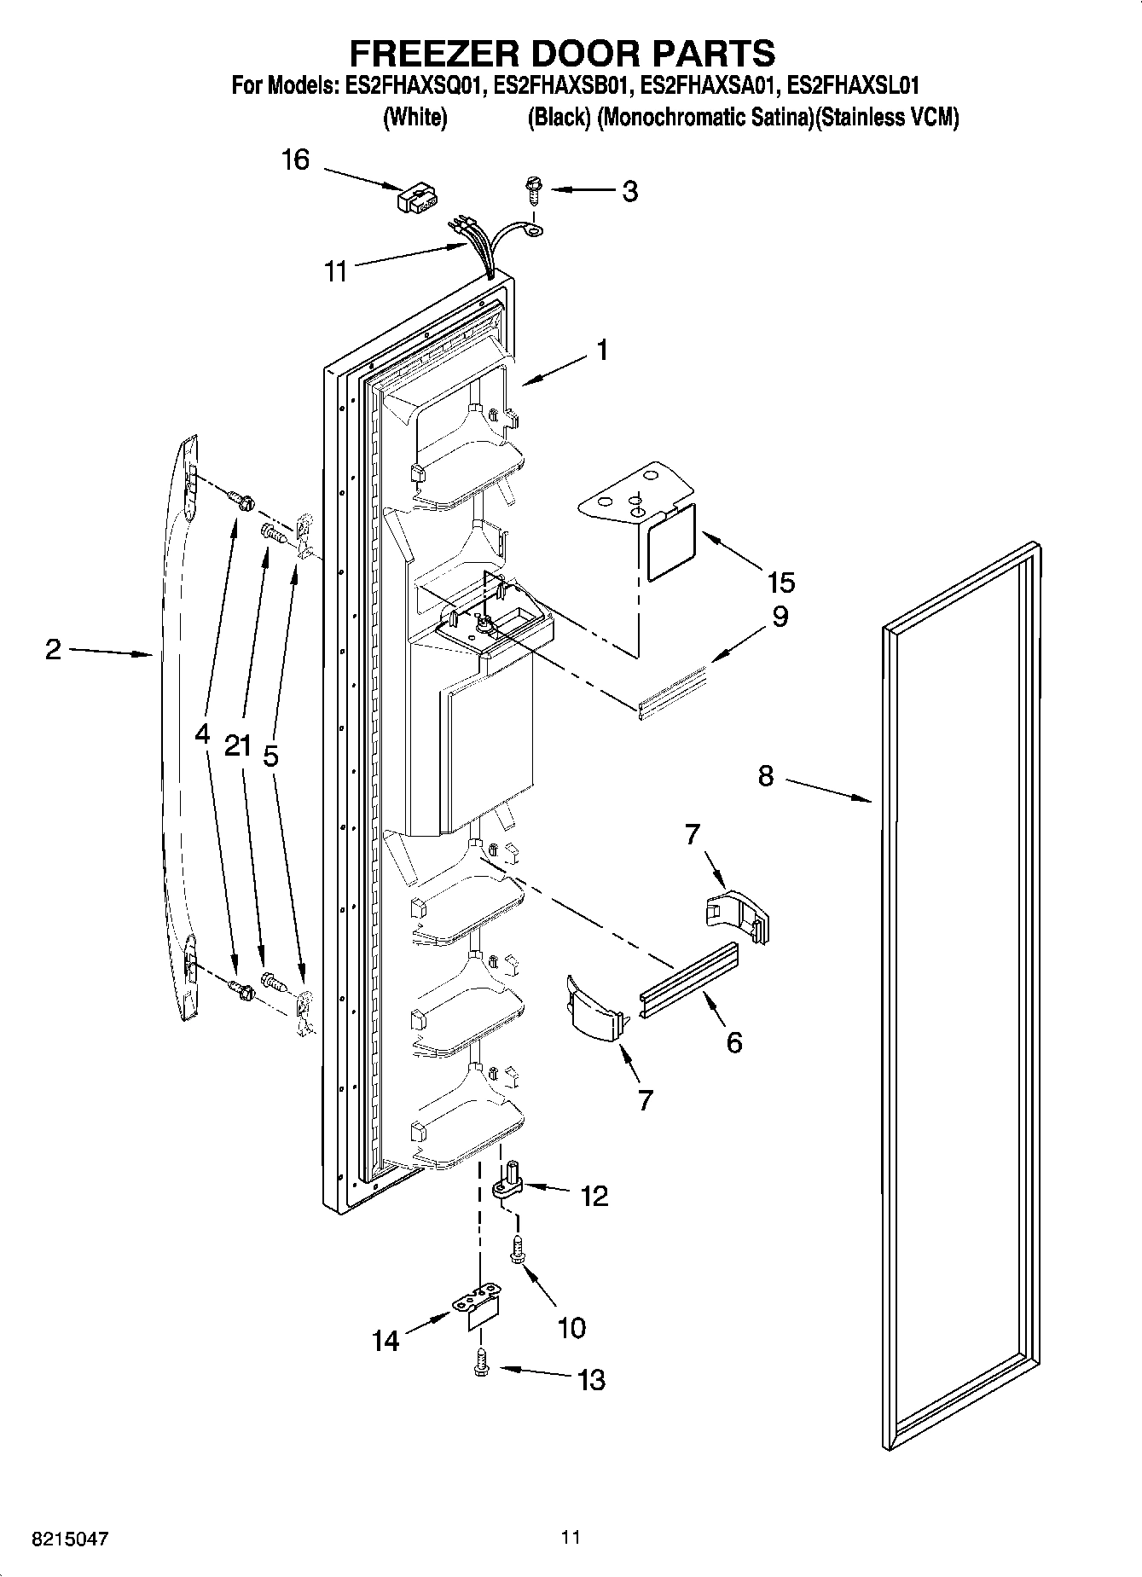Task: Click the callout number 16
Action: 295,159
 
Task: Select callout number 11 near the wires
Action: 336,272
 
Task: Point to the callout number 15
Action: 780,583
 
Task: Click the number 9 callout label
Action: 780,617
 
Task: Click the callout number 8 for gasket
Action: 765,776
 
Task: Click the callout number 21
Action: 238,746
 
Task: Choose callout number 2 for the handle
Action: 53,651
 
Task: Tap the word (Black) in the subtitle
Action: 559,118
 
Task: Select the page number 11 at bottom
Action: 571,1538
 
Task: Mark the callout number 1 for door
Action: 602,350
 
